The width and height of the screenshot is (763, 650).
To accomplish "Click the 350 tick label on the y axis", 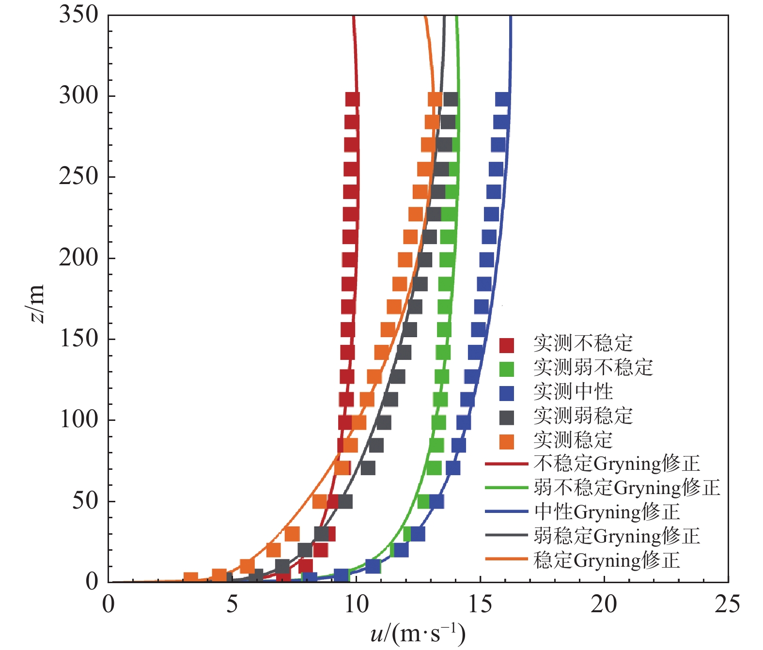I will click(78, 15).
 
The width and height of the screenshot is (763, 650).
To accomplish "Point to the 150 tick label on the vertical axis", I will click(78, 339).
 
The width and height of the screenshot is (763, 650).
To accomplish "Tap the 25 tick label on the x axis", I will click(727, 604).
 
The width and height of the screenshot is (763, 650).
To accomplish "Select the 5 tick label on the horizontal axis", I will click(232, 604).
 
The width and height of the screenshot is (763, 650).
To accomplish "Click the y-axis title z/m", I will click(37, 304).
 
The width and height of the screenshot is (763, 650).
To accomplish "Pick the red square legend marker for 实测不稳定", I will click(506, 345).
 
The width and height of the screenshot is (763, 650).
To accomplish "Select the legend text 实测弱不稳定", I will click(593, 368).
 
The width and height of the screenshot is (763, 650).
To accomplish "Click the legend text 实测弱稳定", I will click(583, 416).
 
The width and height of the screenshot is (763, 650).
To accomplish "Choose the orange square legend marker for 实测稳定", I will click(506, 441).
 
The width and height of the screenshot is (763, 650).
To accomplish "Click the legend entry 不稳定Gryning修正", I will click(617, 464).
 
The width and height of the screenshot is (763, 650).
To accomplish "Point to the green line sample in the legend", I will click(506, 488).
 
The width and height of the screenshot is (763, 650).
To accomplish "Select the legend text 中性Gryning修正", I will click(607, 512).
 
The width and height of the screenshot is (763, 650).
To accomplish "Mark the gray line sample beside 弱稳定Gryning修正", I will click(506, 536).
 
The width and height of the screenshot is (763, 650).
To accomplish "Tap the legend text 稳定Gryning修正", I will click(607, 560).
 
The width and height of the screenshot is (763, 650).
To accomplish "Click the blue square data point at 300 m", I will click(503, 99).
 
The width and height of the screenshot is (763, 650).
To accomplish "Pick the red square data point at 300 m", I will click(353, 99).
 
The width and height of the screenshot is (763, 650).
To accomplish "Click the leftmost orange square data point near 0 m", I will click(191, 577).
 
